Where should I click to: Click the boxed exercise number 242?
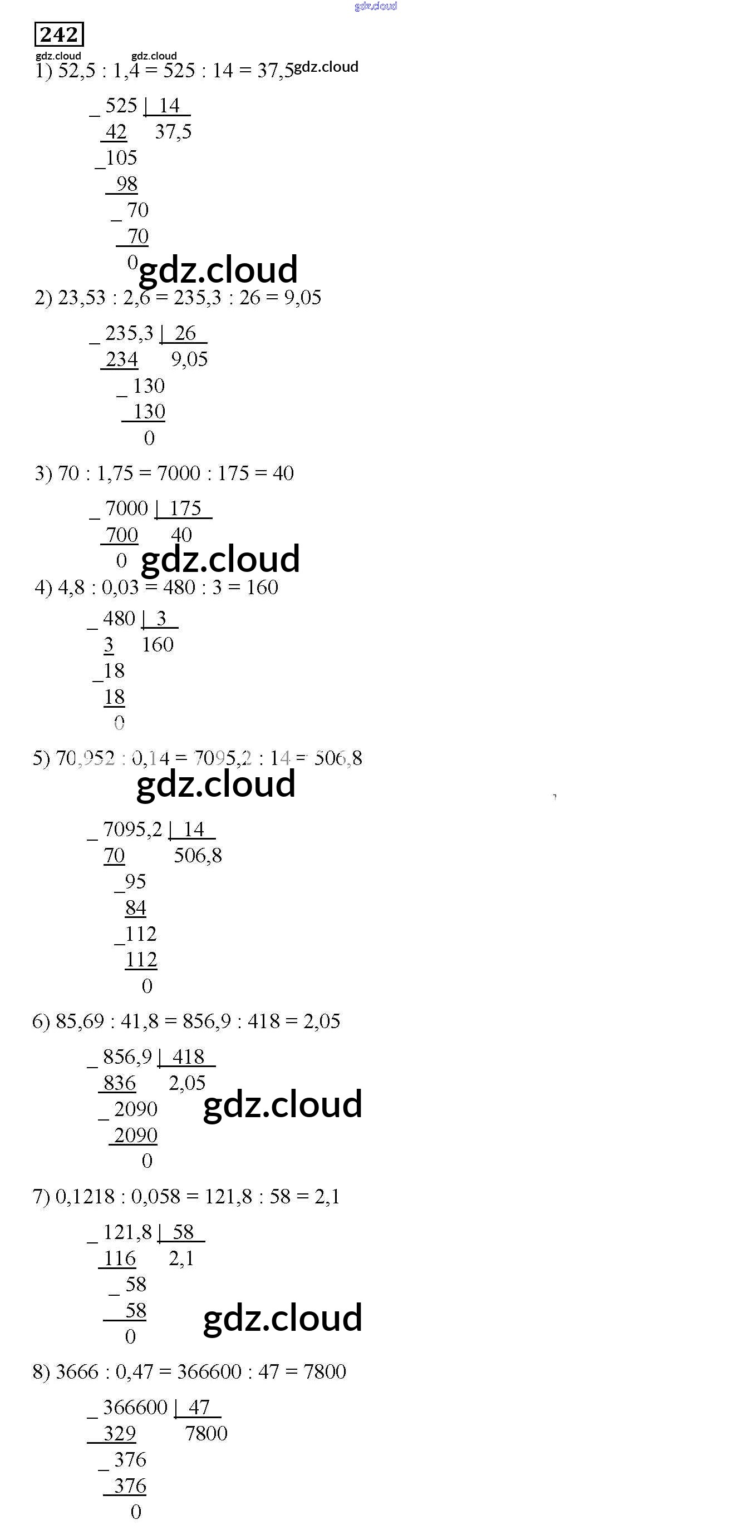[x=59, y=34]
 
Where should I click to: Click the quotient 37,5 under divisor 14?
[x=173, y=132]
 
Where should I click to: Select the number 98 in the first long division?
[x=126, y=184]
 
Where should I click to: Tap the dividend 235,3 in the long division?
[x=129, y=333]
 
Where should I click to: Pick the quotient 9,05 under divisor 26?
[x=189, y=359]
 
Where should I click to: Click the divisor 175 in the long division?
[x=185, y=509]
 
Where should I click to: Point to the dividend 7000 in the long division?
[x=126, y=509]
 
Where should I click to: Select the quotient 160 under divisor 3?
[x=158, y=645]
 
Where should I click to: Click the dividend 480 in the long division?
[x=119, y=619]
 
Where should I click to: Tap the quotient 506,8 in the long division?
[x=198, y=856]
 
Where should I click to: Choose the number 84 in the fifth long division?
[x=135, y=908]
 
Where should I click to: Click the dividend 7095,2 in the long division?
[x=132, y=830]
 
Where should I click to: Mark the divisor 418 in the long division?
[x=188, y=1057]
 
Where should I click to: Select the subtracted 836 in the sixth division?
[x=119, y=1083]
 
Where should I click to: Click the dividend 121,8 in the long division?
[x=127, y=1232]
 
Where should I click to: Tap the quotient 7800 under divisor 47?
[x=206, y=1434]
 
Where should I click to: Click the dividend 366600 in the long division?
[x=135, y=1408]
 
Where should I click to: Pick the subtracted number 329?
[x=119, y=1434]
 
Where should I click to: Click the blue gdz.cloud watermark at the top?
[x=375, y=6]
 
